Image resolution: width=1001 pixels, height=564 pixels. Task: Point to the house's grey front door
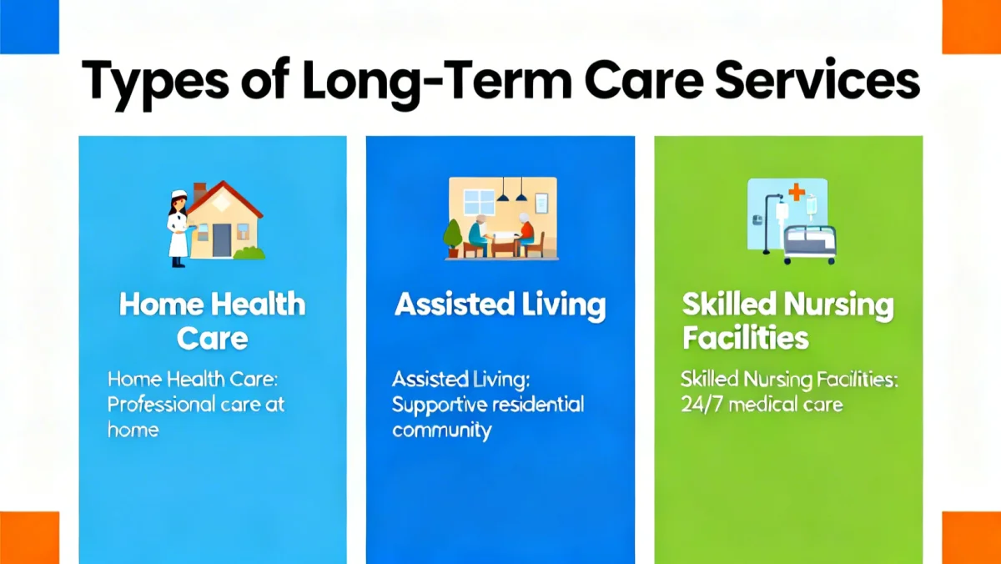click(221, 240)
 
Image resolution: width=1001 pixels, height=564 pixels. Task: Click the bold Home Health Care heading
click(212, 321)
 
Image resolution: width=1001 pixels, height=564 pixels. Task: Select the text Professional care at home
click(196, 405)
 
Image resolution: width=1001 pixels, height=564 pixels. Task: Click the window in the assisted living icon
click(478, 204)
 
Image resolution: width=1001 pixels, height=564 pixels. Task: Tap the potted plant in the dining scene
click(453, 237)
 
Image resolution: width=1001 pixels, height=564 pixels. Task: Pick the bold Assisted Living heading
click(500, 305)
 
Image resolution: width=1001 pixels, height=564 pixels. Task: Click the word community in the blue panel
click(441, 431)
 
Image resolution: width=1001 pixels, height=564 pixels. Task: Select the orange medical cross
click(796, 193)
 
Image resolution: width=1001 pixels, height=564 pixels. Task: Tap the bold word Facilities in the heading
click(745, 338)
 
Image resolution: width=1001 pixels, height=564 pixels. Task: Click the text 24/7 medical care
click(762, 405)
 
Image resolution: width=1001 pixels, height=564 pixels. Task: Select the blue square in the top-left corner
click(29, 25)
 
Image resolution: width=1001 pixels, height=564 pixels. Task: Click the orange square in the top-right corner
click(971, 25)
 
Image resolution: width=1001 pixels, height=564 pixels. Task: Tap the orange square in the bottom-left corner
click(29, 537)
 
